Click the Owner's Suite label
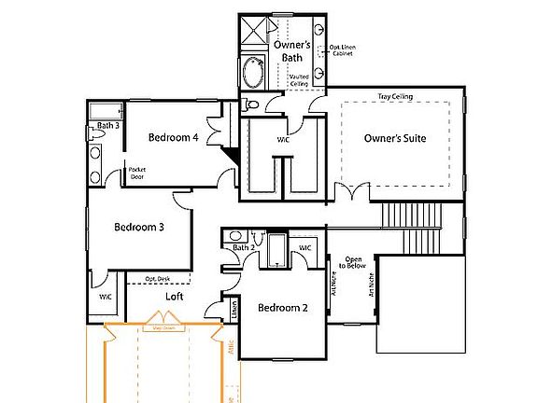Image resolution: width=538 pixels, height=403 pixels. pos(395,138)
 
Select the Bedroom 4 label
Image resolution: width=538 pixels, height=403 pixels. pos(174,137)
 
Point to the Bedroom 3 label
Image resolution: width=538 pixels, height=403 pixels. pos(139,227)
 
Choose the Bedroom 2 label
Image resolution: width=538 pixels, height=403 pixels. pos(283,308)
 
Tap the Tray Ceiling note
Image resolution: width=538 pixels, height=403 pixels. pos(396,96)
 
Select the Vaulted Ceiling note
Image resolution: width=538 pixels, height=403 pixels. pos(299,81)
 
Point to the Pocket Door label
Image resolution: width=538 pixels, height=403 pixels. pos(137,173)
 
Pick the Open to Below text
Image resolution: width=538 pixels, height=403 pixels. pos(354,262)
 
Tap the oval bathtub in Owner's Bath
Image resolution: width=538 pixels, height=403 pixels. pos(253,72)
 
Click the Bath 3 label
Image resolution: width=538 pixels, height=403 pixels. pos(107,125)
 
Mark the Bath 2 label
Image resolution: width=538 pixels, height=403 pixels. pos(243,247)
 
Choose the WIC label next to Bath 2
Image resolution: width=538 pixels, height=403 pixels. pos(304,247)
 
